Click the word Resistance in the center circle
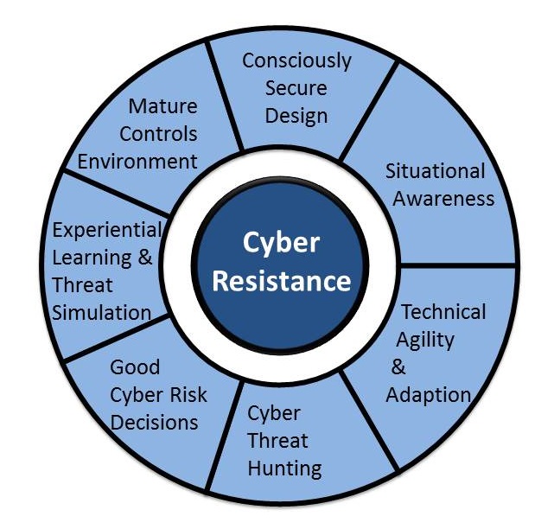pyautogui.click(x=282, y=281)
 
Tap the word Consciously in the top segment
pyautogui.click(x=296, y=61)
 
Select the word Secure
pyautogui.click(x=296, y=88)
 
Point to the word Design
pyautogui.click(x=296, y=117)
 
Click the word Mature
pyautogui.click(x=162, y=106)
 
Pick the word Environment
pyautogui.click(x=137, y=162)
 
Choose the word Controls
pyautogui.click(x=158, y=134)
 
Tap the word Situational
pyautogui.click(x=435, y=171)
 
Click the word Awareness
pyautogui.click(x=443, y=199)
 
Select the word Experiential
pyautogui.click(x=107, y=231)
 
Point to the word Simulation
pyautogui.click(x=102, y=313)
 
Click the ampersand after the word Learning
pyautogui.click(x=145, y=257)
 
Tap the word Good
pyautogui.click(x=135, y=367)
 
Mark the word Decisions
pyautogui.click(x=154, y=423)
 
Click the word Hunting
pyautogui.click(x=284, y=469)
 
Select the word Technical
pyautogui.click(x=443, y=312)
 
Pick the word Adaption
pyautogui.click(x=429, y=395)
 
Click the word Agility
pyautogui.click(x=425, y=341)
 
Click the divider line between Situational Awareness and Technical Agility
pyautogui.click(x=457, y=265)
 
